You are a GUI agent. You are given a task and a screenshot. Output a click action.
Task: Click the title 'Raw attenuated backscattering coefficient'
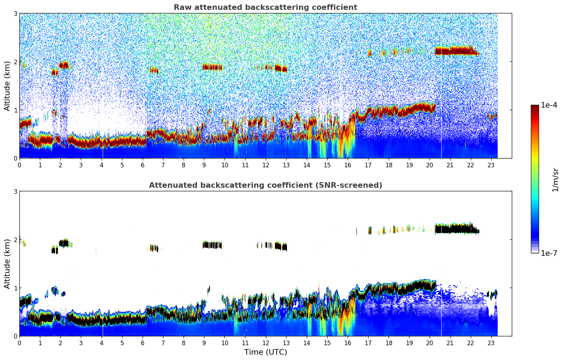pos(265,7)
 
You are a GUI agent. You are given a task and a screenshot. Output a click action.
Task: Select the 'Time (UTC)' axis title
pos(265,352)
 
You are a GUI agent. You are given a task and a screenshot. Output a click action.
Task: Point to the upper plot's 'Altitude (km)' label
pos(7,86)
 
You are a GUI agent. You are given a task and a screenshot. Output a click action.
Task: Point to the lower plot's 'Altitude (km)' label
pos(7,264)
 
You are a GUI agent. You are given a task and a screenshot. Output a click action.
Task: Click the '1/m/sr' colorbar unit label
pos(555,180)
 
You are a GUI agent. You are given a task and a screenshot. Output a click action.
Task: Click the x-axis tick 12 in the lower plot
pos(265,343)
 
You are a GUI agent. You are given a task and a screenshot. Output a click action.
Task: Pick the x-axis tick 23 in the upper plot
pos(491,165)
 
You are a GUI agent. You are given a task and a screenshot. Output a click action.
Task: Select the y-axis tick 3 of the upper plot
pos(16,13)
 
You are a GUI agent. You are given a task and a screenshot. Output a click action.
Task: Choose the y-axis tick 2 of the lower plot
pos(16,240)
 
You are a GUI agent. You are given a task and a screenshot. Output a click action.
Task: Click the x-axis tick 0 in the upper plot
pos(19,165)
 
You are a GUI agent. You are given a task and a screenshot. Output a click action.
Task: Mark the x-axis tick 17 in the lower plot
pos(368,343)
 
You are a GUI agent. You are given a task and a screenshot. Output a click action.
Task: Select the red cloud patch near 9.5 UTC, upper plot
pos(213,67)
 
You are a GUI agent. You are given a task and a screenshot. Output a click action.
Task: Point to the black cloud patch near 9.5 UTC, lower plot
pos(213,245)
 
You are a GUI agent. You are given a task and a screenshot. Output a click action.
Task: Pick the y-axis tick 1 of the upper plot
pos(16,110)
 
